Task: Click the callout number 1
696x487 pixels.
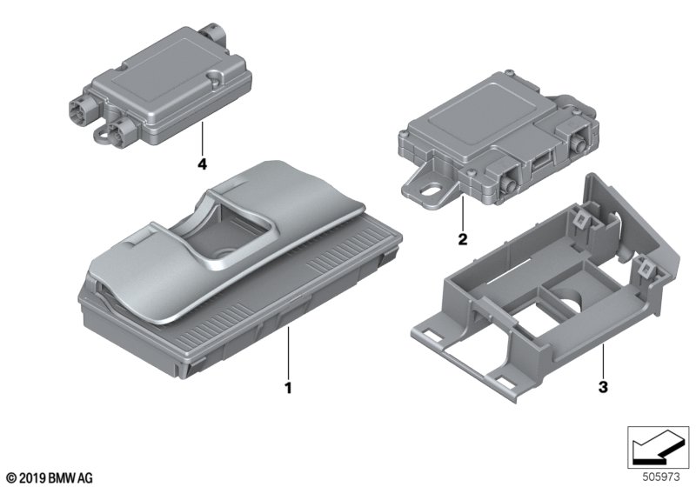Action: pyautogui.click(x=288, y=388)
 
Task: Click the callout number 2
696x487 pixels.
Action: pyautogui.click(x=463, y=239)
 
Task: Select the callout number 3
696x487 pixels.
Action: pyautogui.click(x=603, y=387)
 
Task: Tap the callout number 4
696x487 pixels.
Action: pyautogui.click(x=202, y=164)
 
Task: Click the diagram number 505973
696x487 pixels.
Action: pyautogui.click(x=661, y=477)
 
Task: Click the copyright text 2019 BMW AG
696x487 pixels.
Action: pyautogui.click(x=50, y=478)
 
